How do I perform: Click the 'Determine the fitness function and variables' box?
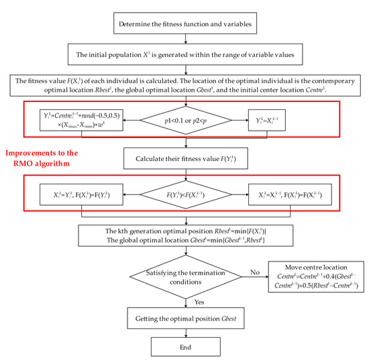point(184,26)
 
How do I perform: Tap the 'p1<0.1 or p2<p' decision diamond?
point(184,123)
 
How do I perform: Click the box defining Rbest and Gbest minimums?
point(184,235)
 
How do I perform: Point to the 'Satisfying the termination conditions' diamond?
point(184,277)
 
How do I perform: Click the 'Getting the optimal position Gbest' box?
point(184,316)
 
